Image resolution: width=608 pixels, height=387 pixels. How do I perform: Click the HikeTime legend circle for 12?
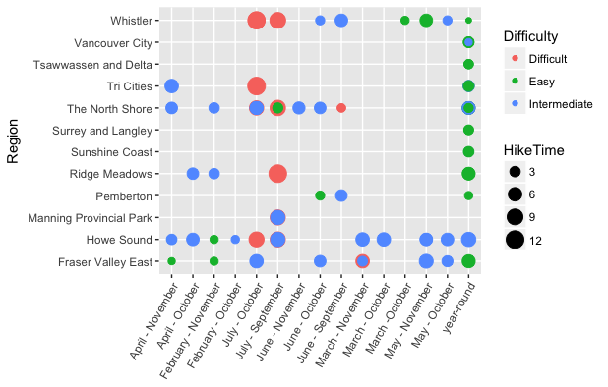click(x=515, y=239)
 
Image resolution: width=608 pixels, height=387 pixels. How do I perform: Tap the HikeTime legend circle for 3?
click(x=515, y=172)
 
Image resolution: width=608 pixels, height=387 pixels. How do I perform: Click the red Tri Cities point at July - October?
click(x=257, y=86)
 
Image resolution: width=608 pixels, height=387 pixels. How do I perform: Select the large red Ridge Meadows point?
click(x=277, y=174)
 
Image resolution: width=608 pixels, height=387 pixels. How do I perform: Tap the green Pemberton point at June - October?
click(x=320, y=195)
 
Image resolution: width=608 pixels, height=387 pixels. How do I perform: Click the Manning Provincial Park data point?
click(x=277, y=217)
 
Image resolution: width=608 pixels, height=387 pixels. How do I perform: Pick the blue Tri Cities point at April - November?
click(x=172, y=86)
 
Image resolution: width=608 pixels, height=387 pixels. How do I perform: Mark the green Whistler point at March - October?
click(x=404, y=21)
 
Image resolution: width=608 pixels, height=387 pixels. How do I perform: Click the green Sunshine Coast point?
click(x=468, y=152)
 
